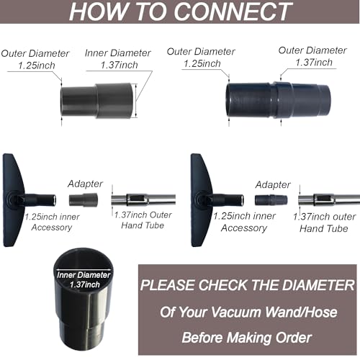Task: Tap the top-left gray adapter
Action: [97, 100]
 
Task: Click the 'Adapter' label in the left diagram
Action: [85, 184]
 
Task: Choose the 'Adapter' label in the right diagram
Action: [271, 184]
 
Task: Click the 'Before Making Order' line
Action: [246, 336]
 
